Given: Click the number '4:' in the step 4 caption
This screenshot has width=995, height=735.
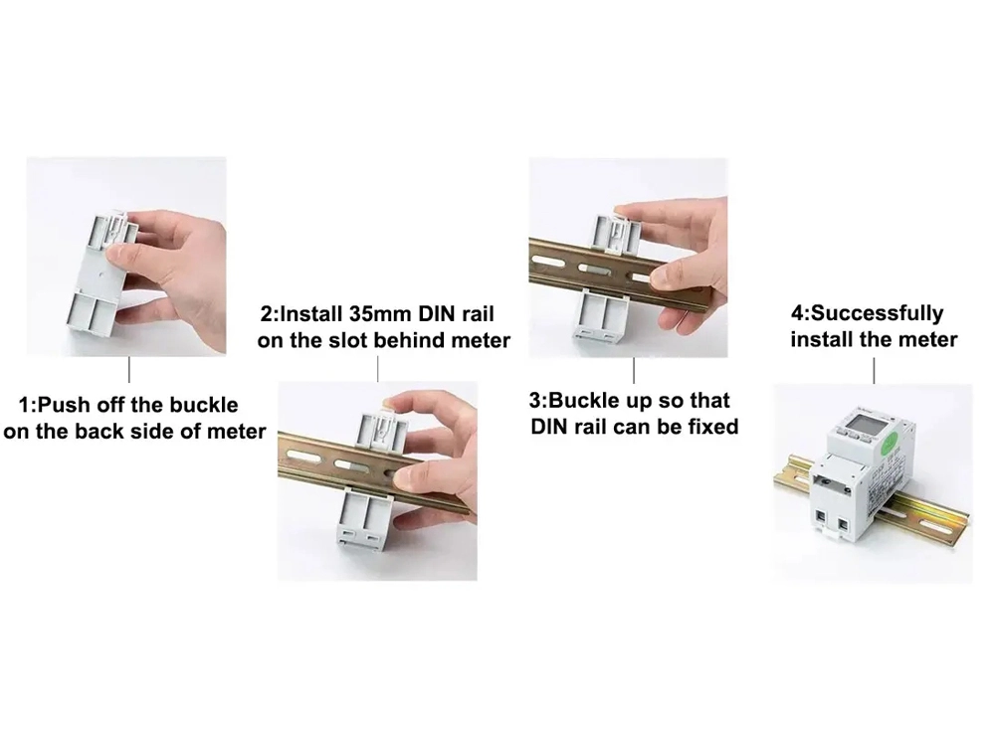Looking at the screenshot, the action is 801,313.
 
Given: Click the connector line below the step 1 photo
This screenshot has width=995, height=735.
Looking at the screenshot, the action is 129,370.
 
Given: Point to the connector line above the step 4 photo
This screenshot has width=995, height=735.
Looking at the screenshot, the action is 874,370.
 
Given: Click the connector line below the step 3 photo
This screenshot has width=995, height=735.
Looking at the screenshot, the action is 634,370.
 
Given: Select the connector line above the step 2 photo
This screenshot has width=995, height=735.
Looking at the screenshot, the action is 378,369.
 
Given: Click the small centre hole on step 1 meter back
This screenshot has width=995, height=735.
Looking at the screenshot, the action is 104,276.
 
